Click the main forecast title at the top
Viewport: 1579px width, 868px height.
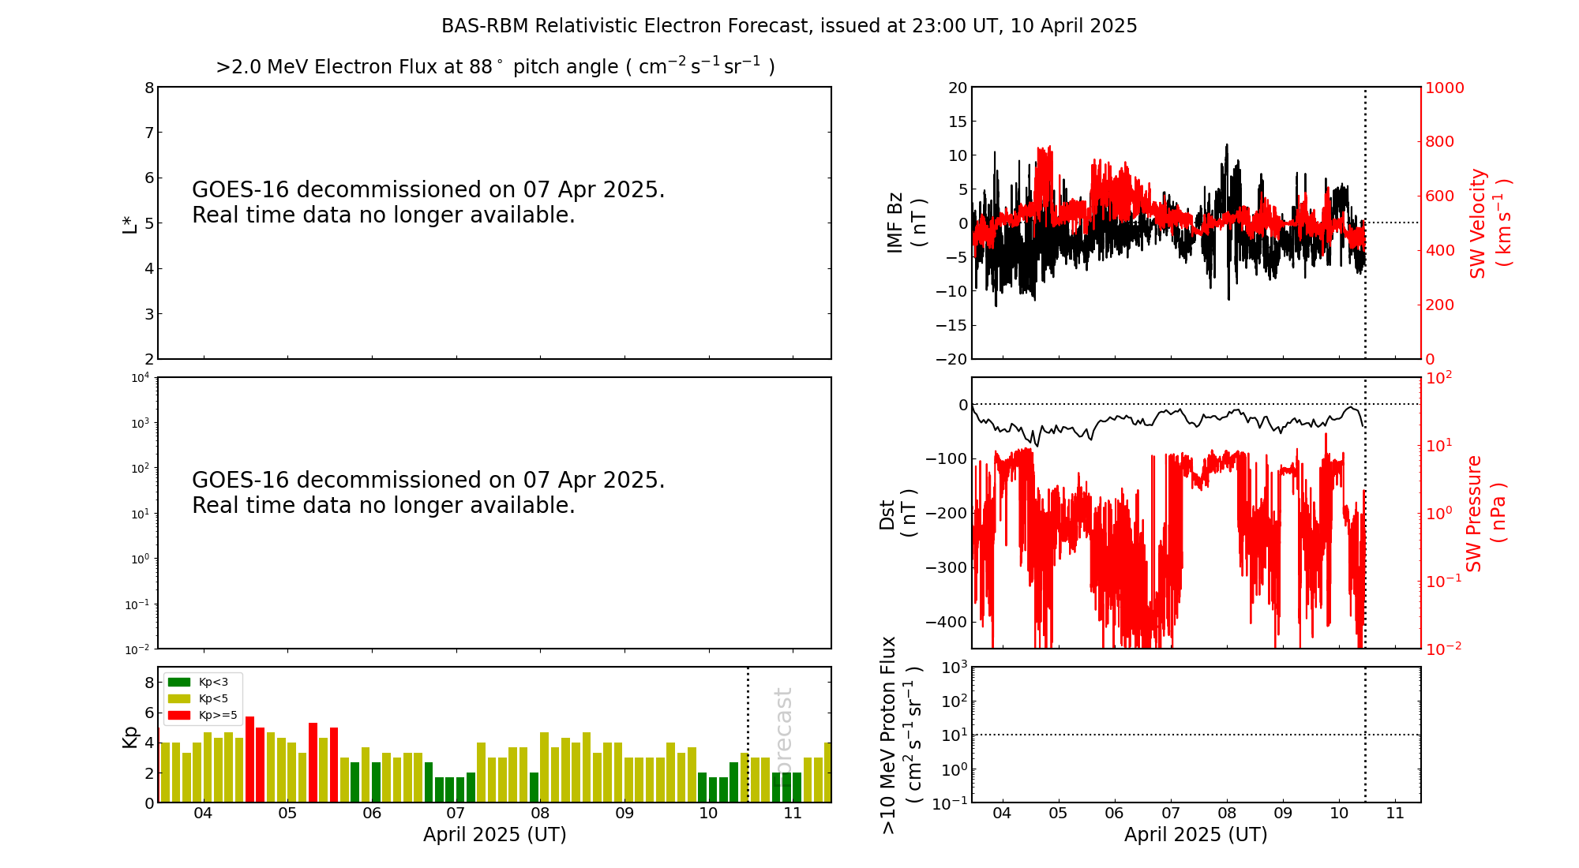click(789, 26)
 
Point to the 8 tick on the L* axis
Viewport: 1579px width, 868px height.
click(149, 88)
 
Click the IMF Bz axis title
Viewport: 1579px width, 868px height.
click(906, 223)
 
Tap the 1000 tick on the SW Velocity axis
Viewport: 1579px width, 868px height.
click(1444, 88)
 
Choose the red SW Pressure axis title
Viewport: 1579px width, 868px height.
click(1485, 513)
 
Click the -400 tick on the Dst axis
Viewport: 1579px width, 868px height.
click(947, 622)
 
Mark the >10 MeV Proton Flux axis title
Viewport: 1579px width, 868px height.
click(901, 735)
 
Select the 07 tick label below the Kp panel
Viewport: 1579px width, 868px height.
click(456, 814)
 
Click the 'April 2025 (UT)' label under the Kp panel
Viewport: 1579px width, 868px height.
click(494, 835)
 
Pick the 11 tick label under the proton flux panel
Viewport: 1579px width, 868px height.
click(1395, 814)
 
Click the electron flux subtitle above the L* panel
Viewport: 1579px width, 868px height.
click(495, 67)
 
